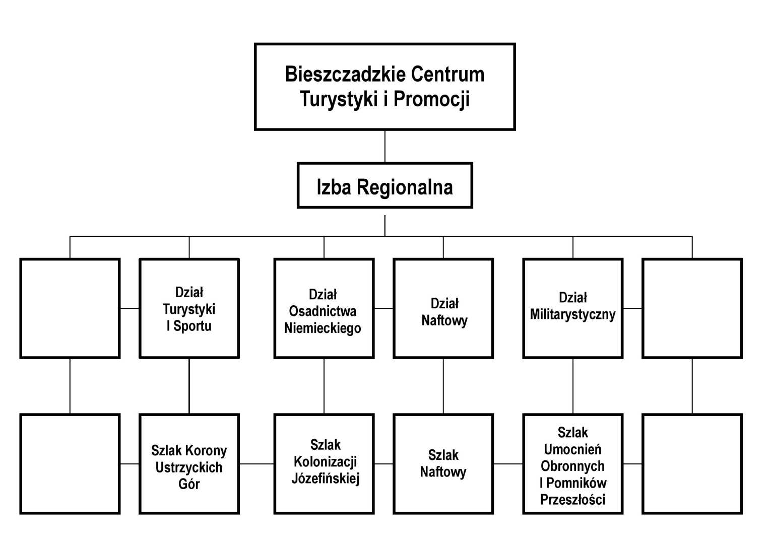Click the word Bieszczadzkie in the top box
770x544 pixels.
point(345,74)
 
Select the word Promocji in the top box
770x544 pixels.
point(431,100)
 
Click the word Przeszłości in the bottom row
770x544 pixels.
point(572,500)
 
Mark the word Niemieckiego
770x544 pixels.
point(323,328)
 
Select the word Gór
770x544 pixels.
point(189,484)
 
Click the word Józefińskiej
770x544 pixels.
point(325,479)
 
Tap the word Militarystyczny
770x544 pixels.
point(572,315)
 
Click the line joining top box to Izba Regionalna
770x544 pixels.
point(384,147)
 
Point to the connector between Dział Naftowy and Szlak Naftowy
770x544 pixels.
point(443,386)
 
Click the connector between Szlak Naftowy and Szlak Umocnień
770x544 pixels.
point(508,464)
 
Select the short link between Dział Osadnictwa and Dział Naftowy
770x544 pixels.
point(383,308)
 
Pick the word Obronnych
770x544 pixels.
point(572,466)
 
